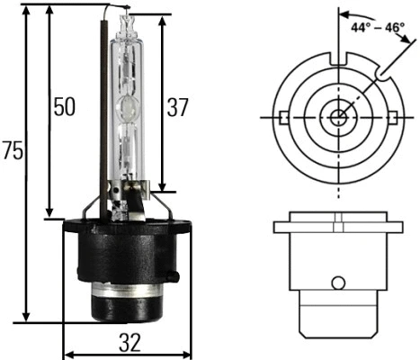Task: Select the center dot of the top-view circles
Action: [x=338, y=116]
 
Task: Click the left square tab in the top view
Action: [x=283, y=116]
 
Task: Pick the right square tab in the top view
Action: [x=393, y=116]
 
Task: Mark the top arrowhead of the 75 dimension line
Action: [x=29, y=19]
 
